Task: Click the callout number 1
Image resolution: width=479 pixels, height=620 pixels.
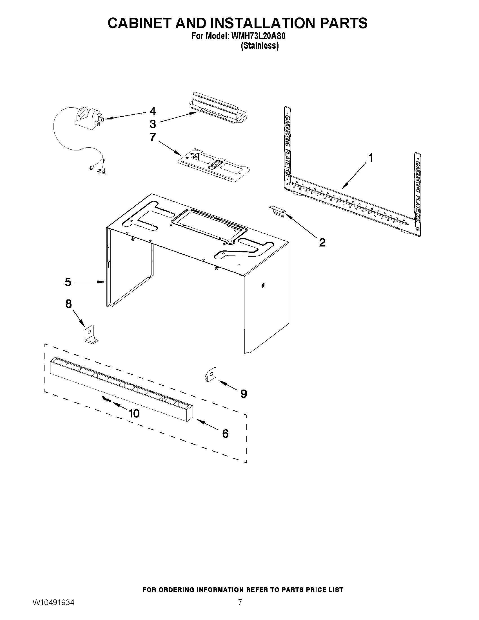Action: tap(370, 157)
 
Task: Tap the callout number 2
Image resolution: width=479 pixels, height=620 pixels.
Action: tap(322, 243)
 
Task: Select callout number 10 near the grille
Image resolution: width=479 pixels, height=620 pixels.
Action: tap(134, 414)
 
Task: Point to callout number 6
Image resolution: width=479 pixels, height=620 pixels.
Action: tap(225, 434)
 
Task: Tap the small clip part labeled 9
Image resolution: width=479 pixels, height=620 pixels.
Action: tap(210, 375)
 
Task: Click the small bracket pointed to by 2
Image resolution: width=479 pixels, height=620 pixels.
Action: tap(277, 212)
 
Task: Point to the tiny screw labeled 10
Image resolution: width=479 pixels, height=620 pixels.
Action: tap(106, 400)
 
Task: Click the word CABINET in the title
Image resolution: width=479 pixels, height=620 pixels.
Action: tap(139, 23)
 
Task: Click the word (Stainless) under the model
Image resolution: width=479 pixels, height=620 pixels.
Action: tap(259, 46)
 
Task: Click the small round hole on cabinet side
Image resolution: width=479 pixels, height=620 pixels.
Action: tap(263, 285)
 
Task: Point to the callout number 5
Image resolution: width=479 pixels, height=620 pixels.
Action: tap(68, 282)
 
